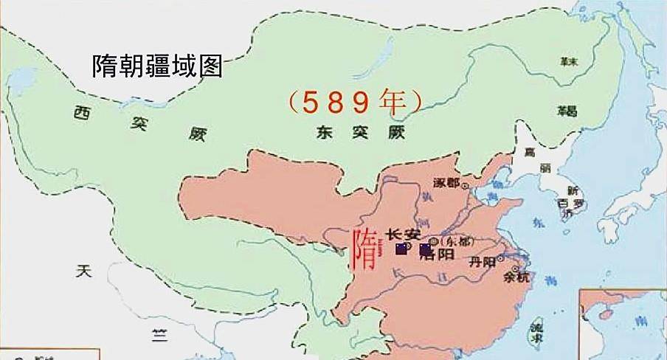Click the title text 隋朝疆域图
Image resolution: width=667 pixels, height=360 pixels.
(x=157, y=67)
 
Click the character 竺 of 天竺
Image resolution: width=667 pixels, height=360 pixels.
(x=157, y=333)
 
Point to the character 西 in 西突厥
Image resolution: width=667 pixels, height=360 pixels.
(x=82, y=113)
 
